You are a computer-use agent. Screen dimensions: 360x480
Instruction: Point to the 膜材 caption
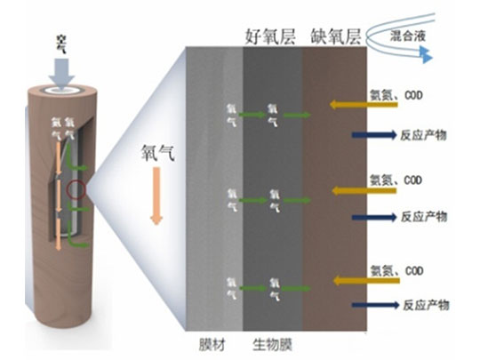tap(211, 342)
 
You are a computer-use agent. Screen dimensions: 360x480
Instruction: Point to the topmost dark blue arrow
tap(373, 135)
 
